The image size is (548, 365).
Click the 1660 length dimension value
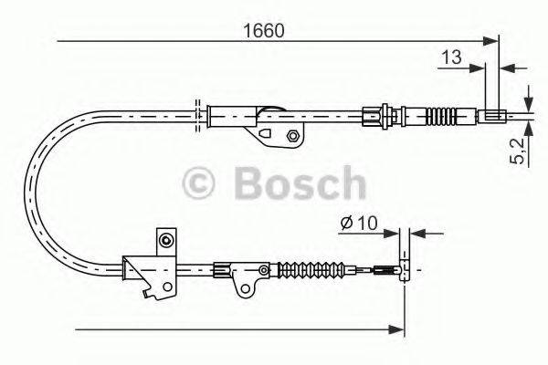tap(264, 30)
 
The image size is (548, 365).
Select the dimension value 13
tap(449, 57)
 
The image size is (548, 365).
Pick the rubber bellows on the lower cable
tap(310, 269)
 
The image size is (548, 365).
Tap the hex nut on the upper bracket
tap(295, 136)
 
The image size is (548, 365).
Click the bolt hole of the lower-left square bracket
tap(165, 242)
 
